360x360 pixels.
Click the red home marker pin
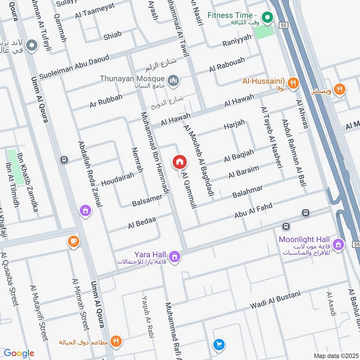click(x=180, y=162)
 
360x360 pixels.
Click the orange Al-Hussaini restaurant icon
click(x=293, y=82)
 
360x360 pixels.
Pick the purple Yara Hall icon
click(x=175, y=257)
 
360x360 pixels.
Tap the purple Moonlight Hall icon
click(x=339, y=244)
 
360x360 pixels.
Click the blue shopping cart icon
click(x=219, y=344)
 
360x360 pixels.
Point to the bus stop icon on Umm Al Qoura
click(x=64, y=160)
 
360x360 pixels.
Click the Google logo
click(x=19, y=353)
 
